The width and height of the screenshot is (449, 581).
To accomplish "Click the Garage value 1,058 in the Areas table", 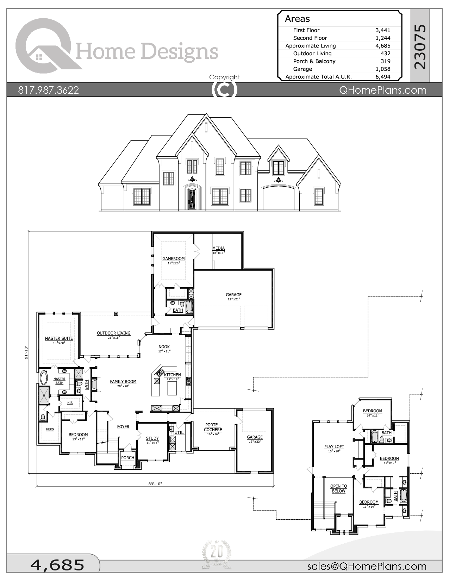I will tap(383, 69).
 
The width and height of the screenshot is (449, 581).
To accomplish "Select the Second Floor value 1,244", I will tap(383, 38).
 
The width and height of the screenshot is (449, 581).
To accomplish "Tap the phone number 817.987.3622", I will tap(49, 90).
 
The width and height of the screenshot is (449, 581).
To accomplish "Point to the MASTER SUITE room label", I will tap(59, 338).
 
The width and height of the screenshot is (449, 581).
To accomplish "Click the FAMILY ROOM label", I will tap(123, 382).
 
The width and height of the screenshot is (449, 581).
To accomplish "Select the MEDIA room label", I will tap(218, 248).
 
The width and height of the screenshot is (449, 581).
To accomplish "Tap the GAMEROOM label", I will tap(173, 259).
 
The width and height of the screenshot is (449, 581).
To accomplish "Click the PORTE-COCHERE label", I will tap(213, 427).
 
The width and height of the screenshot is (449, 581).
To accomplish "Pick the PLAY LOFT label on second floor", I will tap(334, 447).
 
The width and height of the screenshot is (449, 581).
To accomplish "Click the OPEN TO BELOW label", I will tap(338, 489).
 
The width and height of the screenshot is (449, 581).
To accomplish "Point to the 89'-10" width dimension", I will tap(155, 484).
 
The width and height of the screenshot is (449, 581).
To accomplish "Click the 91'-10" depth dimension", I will tap(26, 352).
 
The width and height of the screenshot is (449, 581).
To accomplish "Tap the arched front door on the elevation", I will tap(192, 199).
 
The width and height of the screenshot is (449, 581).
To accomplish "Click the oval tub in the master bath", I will tap(44, 378).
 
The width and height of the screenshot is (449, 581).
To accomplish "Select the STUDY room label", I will tap(152, 438).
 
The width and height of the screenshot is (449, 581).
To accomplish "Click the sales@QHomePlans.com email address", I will tap(367, 566).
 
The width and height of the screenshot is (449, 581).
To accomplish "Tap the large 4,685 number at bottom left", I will tap(57, 565).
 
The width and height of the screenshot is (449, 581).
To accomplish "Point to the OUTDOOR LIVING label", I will tap(113, 333).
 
